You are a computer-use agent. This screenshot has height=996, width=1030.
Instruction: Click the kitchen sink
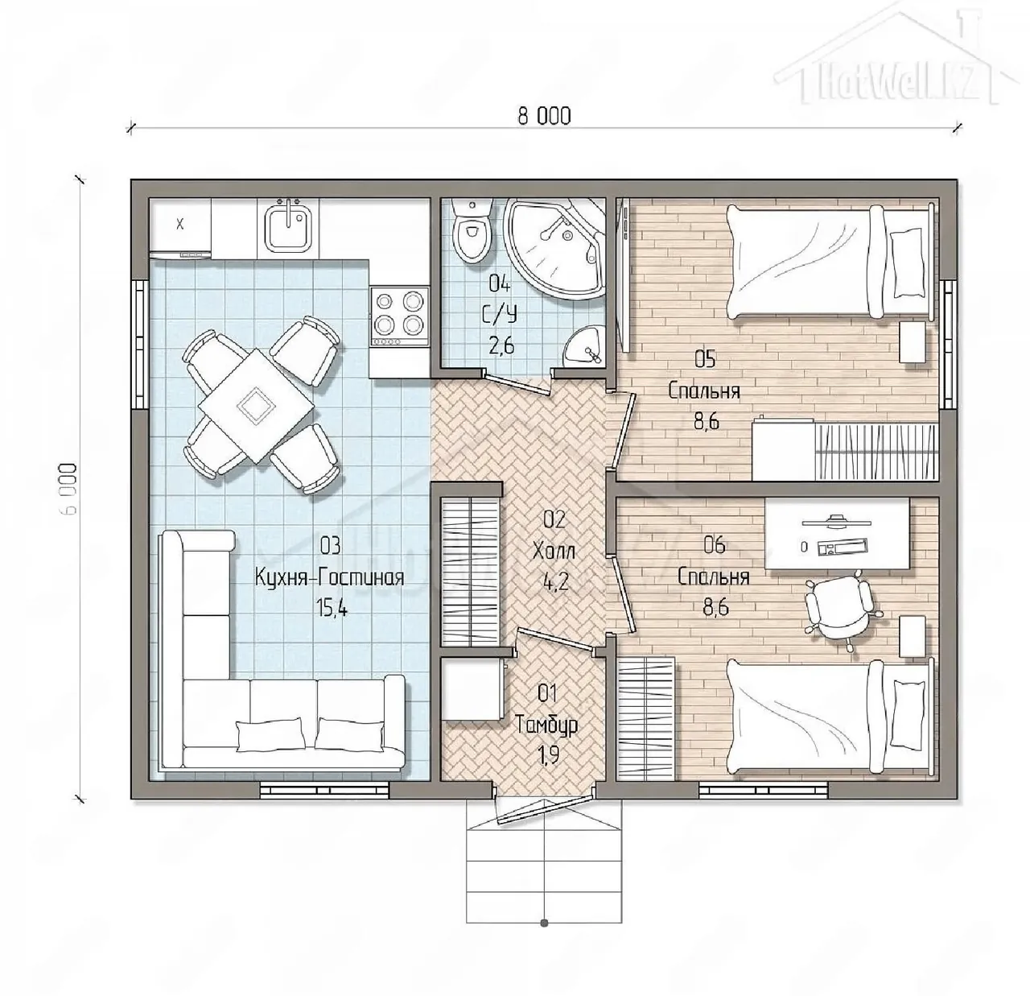click(x=288, y=228)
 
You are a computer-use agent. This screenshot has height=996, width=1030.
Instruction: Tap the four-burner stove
click(x=399, y=316)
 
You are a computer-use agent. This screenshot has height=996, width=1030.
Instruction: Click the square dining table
click(x=256, y=405)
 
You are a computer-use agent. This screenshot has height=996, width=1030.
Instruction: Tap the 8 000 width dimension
click(x=544, y=116)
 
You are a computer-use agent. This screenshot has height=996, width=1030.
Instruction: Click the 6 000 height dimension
click(x=70, y=488)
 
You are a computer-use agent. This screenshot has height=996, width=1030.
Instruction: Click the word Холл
click(x=554, y=552)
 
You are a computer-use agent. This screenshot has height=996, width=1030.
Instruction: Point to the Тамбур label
click(x=546, y=725)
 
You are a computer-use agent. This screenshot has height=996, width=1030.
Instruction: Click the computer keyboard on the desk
click(x=842, y=547)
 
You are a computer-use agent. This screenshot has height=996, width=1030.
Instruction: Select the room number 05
click(x=704, y=360)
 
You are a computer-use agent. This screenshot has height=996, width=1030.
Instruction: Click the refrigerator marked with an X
click(x=180, y=227)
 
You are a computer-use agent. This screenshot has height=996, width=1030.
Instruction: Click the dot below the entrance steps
click(x=544, y=923)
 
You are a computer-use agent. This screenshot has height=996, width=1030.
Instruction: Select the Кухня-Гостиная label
click(x=329, y=577)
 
